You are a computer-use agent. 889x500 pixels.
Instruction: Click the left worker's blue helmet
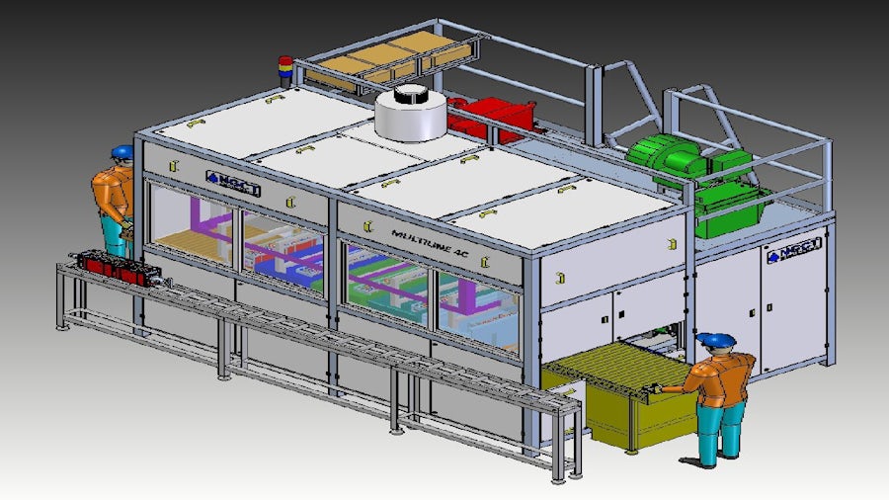[x=121, y=152]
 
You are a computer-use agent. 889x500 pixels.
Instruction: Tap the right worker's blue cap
[x=715, y=340]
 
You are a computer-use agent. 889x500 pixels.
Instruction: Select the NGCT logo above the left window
[x=232, y=183]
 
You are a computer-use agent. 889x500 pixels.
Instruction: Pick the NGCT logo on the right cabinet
[x=787, y=252]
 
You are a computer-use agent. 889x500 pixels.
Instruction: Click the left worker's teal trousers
[x=115, y=236]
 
